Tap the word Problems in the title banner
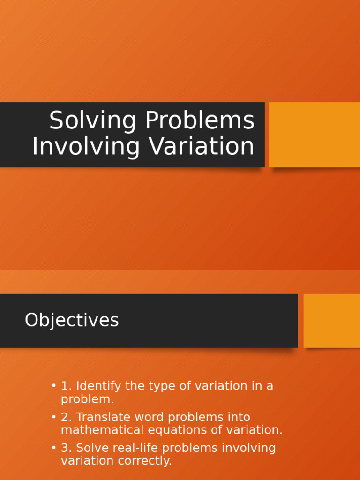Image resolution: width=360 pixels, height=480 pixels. click(x=200, y=121)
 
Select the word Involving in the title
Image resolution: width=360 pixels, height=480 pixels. click(x=86, y=147)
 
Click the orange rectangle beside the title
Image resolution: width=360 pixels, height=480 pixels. click(x=315, y=135)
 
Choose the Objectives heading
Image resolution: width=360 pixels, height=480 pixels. click(x=72, y=321)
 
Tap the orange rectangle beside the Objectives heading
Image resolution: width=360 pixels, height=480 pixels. click(x=332, y=321)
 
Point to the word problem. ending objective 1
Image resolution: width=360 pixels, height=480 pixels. click(x=87, y=400)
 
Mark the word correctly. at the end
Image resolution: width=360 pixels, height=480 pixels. click(x=147, y=461)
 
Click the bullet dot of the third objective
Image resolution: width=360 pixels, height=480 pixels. click(x=54, y=448)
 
